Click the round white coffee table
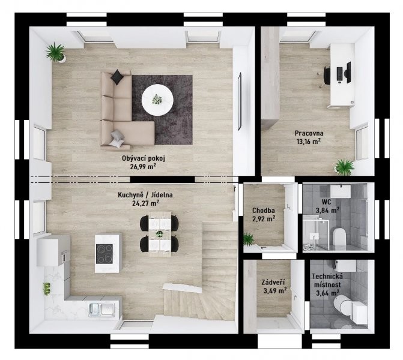click(157, 100)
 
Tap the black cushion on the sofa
click(117, 77)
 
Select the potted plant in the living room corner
click(56, 52)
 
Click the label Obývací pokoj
click(144, 158)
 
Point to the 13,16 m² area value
click(309, 142)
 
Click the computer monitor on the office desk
click(348, 72)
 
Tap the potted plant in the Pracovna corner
click(344, 167)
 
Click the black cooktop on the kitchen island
click(104, 254)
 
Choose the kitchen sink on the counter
click(102, 310)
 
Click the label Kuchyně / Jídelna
click(145, 195)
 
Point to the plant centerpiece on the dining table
click(160, 233)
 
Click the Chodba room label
click(264, 211)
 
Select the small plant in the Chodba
click(249, 239)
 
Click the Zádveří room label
click(273, 283)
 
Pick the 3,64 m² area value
click(326, 293)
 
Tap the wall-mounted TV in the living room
click(240, 101)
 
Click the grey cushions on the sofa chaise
click(117, 139)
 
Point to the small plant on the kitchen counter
click(46, 289)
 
